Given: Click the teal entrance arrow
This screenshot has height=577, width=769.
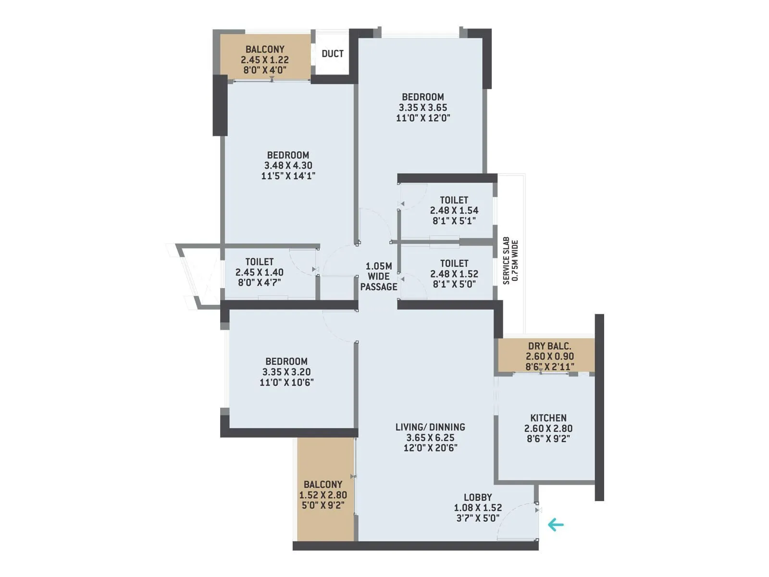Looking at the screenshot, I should tap(556, 525).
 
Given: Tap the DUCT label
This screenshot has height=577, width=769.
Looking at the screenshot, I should tap(333, 53).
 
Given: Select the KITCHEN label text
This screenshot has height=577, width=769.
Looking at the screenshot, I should tap(548, 418).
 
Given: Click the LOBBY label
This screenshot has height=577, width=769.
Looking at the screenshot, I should tap(477, 497).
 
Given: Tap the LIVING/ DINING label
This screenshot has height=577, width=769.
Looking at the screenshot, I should tap(430, 427).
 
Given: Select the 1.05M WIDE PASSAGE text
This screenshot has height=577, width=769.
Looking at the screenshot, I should tap(379, 276).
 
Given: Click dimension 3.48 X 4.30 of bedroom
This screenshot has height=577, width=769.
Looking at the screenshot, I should tap(288, 165).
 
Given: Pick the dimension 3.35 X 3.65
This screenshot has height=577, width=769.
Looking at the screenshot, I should tap(422, 108).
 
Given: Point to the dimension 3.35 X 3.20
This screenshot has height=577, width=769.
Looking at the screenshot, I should tap(286, 372).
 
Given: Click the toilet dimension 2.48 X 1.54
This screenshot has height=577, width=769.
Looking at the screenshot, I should tap(454, 210).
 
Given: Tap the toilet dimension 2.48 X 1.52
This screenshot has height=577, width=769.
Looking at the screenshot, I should tap(454, 274).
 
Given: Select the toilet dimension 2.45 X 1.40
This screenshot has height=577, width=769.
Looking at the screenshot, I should tap(259, 272).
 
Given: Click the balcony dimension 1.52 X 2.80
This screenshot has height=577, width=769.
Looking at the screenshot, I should tap(323, 495).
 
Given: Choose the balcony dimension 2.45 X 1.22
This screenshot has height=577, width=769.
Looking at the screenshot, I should tap(265, 60).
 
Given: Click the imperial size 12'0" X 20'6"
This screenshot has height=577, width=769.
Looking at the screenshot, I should tap(430, 448).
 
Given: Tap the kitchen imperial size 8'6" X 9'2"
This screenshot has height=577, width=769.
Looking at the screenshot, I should tap(548, 439).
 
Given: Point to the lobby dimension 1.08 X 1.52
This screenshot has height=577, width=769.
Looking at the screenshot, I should tap(477, 507).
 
